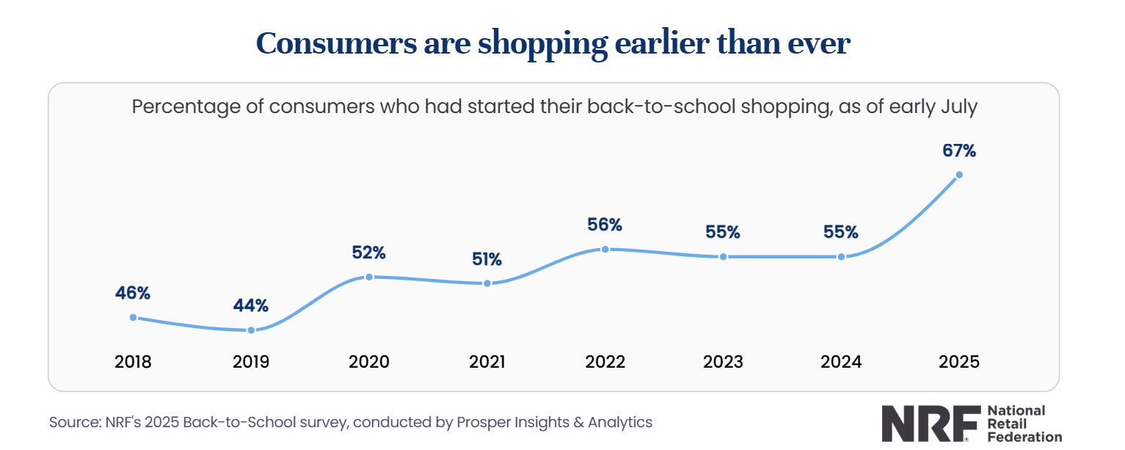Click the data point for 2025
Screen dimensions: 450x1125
click(959, 175)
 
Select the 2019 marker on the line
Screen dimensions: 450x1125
click(251, 330)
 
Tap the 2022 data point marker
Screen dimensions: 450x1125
click(605, 249)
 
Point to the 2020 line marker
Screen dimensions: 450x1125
click(369, 277)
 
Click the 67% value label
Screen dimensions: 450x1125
click(959, 151)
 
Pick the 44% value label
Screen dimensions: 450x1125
click(251, 305)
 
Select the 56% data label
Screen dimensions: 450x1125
click(605, 225)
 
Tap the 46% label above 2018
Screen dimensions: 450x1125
click(133, 293)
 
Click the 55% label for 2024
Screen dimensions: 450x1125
click(841, 232)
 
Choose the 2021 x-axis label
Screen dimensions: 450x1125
click(487, 362)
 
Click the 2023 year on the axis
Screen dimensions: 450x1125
click(723, 362)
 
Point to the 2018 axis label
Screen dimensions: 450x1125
click(133, 362)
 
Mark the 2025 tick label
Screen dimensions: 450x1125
click(959, 362)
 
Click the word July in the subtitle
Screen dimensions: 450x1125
click(958, 106)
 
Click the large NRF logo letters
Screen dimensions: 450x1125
click(931, 423)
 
